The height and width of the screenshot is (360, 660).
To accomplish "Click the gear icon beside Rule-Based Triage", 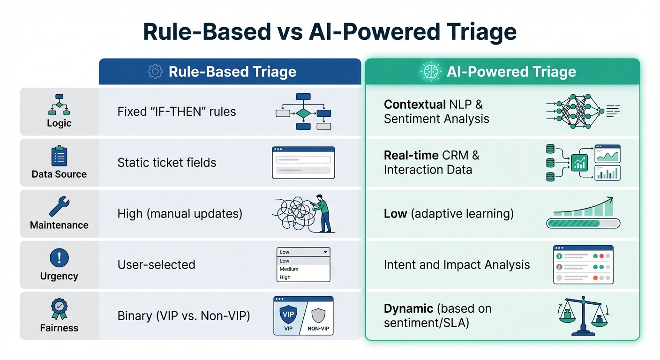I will (155, 72).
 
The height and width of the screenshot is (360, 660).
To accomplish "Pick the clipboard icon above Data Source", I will (59, 156).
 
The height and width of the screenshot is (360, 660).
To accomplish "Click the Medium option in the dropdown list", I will (289, 269).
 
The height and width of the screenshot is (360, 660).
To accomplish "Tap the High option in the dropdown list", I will (285, 277).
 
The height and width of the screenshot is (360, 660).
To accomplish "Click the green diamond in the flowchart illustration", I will (303, 113).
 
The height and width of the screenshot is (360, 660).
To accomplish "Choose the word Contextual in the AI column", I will (414, 104).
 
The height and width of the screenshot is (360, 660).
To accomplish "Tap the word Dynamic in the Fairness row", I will (408, 308).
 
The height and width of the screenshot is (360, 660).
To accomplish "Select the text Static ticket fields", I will (167, 163).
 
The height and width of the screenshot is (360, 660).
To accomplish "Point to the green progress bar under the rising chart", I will (583, 223).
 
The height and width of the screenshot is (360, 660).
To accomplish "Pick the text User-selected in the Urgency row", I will (156, 265).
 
